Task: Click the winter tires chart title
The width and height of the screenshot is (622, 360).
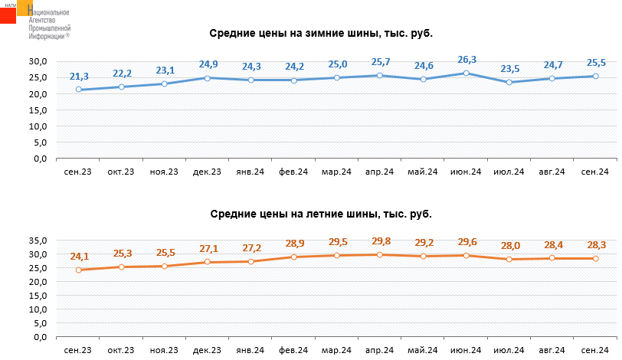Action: [326, 34]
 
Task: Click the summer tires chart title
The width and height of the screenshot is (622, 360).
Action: [321, 214]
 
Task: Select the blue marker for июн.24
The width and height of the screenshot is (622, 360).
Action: [466, 73]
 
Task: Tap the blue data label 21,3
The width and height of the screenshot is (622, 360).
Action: [79, 77]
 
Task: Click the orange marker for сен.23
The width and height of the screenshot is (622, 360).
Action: [79, 270]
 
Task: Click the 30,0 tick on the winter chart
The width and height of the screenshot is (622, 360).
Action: [38, 61]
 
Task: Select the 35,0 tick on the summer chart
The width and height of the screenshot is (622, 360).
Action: [38, 241]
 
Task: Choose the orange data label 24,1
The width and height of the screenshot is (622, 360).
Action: [79, 257]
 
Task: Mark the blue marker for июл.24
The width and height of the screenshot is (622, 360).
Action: [509, 82]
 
